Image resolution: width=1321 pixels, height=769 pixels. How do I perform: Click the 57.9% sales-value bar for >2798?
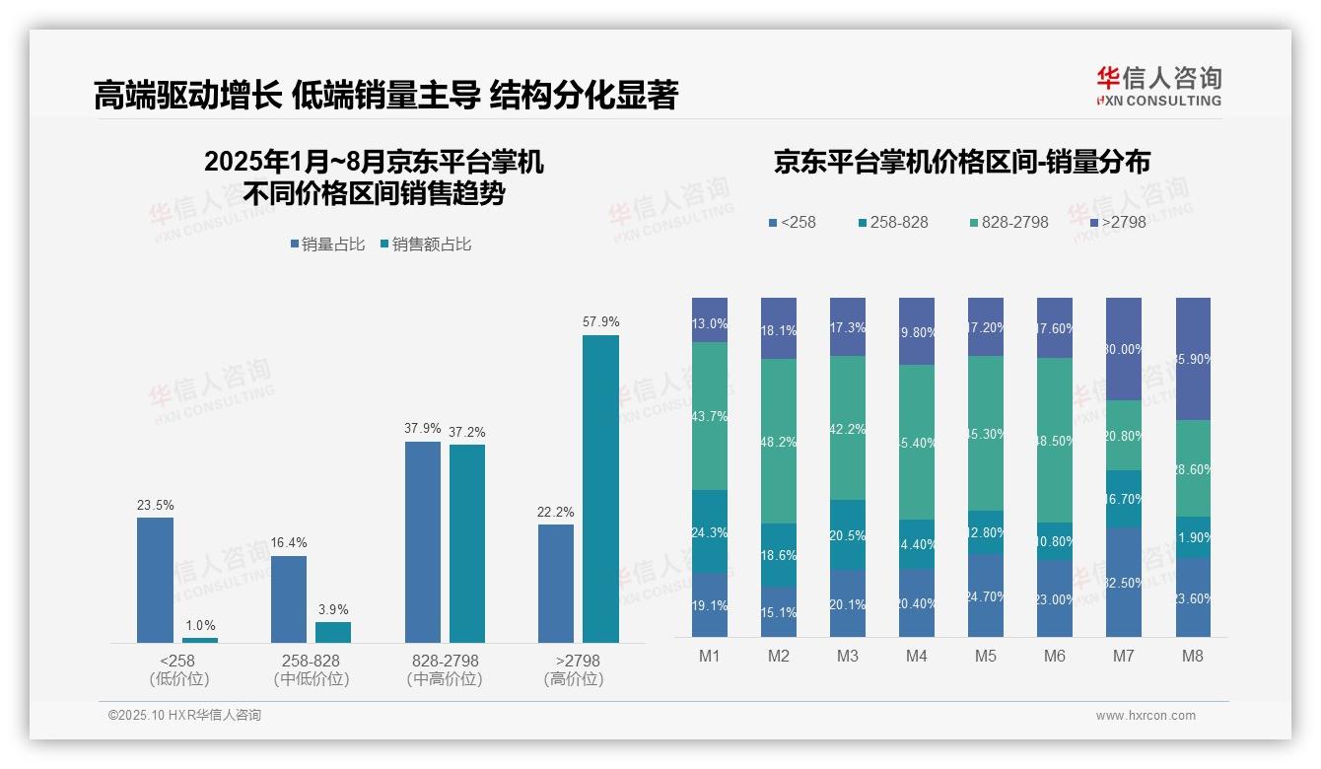(x=600, y=489)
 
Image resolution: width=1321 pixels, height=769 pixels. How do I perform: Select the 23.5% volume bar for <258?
(x=155, y=580)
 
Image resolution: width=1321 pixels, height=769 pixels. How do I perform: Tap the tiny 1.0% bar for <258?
(x=199, y=640)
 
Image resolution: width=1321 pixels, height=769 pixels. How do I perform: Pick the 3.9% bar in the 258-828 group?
(x=333, y=632)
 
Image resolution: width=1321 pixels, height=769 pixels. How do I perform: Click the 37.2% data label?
(x=467, y=433)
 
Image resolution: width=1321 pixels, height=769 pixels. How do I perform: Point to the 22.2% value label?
(x=556, y=513)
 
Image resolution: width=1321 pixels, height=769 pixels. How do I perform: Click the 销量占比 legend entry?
(x=327, y=245)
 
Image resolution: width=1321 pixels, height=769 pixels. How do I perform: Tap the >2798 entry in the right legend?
(x=1119, y=223)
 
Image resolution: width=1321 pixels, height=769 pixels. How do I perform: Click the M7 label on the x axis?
(x=1123, y=656)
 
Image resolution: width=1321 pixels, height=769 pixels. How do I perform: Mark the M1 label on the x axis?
(x=709, y=656)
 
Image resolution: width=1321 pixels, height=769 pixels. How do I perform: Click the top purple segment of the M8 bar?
(x=1193, y=359)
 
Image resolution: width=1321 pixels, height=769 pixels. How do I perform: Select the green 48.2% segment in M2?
(x=778, y=441)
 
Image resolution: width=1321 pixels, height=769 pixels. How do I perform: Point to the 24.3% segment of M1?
(x=709, y=531)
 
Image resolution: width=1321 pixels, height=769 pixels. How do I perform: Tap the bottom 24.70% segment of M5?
(x=985, y=595)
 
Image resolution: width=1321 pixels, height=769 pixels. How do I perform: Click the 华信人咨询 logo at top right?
(x=1158, y=86)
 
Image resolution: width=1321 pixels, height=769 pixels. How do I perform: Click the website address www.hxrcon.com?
(x=1145, y=716)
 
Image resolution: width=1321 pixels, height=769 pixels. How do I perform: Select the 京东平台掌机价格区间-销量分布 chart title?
(x=961, y=163)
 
